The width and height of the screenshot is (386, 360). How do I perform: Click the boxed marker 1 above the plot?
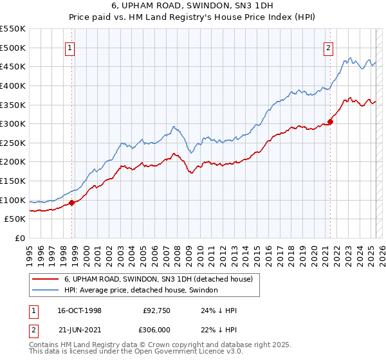click(x=69, y=47)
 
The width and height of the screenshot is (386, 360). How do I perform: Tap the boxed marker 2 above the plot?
click(x=329, y=47)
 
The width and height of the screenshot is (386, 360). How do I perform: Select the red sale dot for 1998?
click(x=71, y=203)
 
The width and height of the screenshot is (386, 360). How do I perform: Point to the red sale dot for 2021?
click(x=331, y=121)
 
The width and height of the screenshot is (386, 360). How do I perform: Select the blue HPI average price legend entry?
click(x=141, y=291)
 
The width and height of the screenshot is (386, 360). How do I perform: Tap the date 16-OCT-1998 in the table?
click(x=79, y=310)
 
